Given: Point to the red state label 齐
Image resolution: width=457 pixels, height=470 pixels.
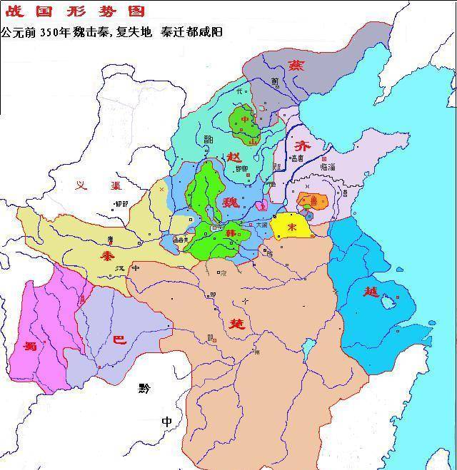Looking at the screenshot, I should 303,143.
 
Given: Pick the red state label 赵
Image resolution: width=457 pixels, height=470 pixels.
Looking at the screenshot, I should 234,157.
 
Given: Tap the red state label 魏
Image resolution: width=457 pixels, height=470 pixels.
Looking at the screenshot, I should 230,202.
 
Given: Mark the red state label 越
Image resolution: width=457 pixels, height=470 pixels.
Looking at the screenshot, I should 371,292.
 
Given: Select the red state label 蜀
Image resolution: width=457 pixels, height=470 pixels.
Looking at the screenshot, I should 30,347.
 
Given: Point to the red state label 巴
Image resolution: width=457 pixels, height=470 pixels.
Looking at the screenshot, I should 120,339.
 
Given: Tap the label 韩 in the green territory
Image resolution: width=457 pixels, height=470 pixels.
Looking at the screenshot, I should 230,233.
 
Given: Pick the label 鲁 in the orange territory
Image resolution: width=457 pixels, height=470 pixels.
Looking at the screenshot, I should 313,202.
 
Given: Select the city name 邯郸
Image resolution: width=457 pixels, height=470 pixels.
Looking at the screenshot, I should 242,168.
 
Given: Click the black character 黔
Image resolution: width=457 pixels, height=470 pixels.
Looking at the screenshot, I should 146,388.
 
